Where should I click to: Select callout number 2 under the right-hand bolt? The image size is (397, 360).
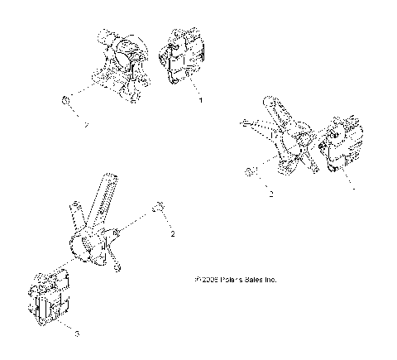pos(270,195)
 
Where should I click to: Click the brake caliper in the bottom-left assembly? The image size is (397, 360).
pos(52,299)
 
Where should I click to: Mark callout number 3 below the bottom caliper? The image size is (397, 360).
pos(77,334)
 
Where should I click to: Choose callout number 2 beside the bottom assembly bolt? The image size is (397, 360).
pos(172,235)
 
